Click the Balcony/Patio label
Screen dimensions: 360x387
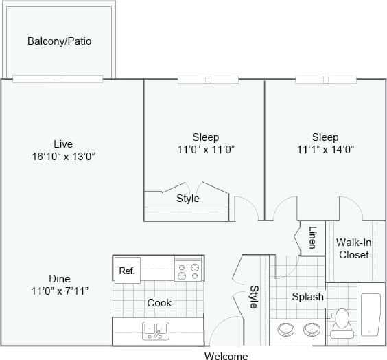59,41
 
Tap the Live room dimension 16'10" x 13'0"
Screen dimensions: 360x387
63,156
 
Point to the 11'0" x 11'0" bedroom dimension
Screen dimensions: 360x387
205,149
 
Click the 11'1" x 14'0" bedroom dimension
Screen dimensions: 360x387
325,149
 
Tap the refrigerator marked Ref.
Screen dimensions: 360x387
126,271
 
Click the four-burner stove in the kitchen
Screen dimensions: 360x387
188,271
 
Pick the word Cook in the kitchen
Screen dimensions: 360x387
159,302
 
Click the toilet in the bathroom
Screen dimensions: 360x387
341,324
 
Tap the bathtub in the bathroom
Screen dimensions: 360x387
371,315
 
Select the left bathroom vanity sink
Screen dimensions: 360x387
286,330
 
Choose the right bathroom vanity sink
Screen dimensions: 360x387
312,330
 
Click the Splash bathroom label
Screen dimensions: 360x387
307,297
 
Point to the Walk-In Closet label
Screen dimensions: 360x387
353,248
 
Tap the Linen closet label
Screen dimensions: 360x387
312,237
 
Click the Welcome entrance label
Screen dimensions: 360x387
226,355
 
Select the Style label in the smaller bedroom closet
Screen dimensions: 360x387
187,199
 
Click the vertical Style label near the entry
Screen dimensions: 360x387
253,296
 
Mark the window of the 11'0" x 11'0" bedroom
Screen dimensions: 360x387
208,80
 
